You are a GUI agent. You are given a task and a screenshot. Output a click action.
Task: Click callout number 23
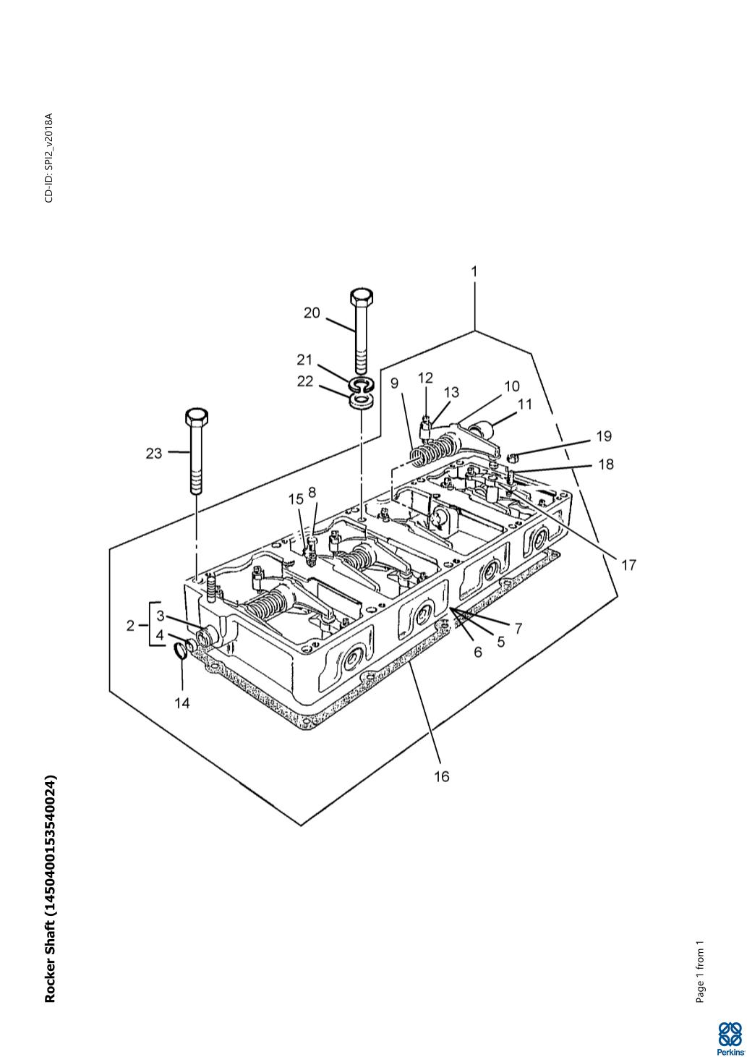point(154,454)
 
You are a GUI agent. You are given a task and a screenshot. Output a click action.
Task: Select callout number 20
point(312,313)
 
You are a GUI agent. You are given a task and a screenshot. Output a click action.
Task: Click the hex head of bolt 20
point(362,297)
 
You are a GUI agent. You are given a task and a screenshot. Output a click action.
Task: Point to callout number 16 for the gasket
point(442,776)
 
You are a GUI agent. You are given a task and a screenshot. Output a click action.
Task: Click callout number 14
point(182,703)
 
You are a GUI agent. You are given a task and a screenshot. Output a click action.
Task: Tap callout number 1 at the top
point(474,272)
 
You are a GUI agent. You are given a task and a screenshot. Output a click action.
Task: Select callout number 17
point(628,564)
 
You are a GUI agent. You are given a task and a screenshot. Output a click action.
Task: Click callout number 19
point(604,436)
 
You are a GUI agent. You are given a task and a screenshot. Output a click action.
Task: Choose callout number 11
point(524,404)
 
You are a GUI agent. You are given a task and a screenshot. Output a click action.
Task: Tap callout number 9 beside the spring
point(394,383)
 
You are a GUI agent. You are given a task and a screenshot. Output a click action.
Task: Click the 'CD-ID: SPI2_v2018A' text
point(49,158)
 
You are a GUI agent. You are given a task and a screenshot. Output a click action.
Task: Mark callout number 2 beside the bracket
point(131,626)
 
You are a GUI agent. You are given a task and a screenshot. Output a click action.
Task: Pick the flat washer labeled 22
point(362,402)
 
